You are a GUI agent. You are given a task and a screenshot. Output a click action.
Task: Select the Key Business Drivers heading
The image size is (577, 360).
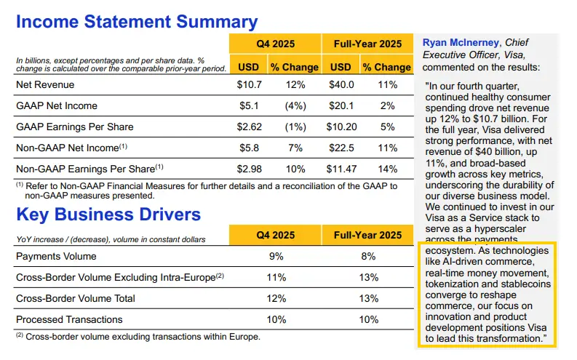108,215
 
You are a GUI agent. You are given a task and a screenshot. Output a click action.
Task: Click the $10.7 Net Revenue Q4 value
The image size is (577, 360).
249,85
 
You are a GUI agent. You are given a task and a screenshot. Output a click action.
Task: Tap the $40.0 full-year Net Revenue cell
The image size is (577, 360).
341,85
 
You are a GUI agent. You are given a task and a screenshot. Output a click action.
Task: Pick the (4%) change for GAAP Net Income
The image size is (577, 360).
294,106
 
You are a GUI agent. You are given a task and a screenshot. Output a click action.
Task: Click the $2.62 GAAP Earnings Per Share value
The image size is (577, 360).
249,127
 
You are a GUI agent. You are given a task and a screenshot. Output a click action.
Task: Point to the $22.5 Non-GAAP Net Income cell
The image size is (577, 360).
341,148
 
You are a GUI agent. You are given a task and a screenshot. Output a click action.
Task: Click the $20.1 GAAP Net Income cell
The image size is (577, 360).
341,106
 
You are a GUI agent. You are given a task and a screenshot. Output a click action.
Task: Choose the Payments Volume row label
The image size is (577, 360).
56,256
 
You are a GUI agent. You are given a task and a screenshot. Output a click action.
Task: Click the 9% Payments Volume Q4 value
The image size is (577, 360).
275,256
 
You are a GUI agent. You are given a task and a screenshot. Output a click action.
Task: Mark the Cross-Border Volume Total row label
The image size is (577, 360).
76,298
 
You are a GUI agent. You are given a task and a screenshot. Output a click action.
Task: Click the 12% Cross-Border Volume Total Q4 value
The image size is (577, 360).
275,298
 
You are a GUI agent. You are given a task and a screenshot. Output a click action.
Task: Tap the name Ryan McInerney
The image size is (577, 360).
461,43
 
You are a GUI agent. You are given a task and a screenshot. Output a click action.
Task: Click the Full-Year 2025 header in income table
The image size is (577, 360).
367,43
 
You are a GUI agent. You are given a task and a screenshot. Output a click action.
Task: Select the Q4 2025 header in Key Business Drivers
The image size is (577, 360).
275,235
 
